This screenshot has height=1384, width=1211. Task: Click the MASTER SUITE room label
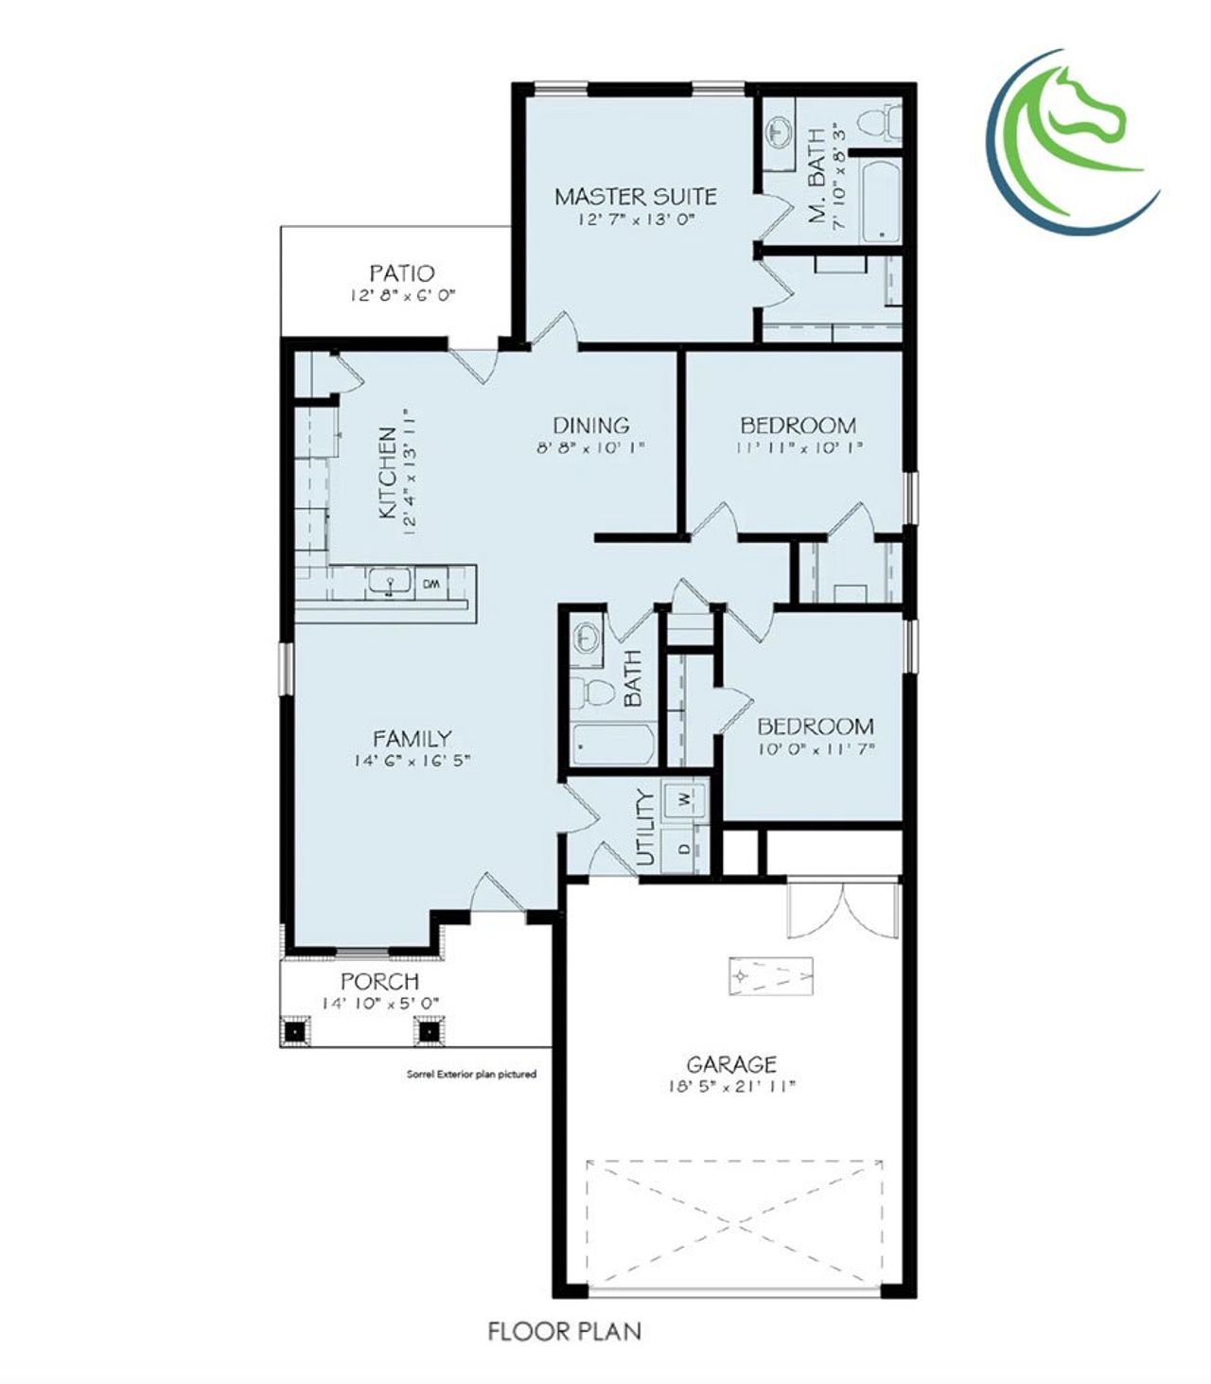[x=635, y=197]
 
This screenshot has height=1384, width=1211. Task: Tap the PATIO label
[x=402, y=273]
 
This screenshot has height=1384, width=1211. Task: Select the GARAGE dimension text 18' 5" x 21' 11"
[x=731, y=1086]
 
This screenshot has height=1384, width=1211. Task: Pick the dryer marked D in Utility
[x=684, y=845]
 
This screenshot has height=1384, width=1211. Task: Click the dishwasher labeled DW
[x=430, y=584]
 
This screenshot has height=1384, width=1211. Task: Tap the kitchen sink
[x=388, y=583]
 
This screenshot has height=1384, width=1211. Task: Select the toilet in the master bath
[x=875, y=123]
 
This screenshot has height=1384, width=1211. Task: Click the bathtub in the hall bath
[x=613, y=745]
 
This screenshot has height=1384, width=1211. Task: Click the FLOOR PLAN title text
[x=564, y=1331]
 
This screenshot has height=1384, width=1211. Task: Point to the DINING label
[x=590, y=426]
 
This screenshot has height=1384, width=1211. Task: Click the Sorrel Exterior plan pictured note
[x=471, y=1074]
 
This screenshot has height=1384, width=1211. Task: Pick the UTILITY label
[x=646, y=828]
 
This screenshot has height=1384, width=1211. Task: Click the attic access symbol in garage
[x=770, y=974]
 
